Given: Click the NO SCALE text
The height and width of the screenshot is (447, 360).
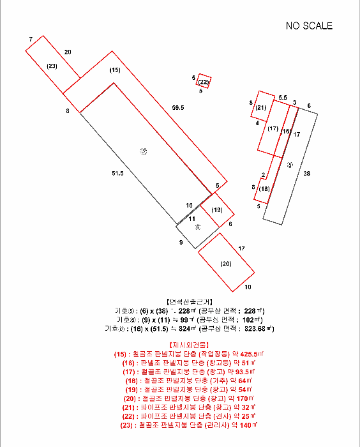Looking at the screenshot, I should pos(309,26).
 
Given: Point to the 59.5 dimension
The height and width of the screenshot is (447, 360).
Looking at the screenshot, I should pos(177,108).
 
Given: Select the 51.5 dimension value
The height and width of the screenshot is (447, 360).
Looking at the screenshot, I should pos(117,173).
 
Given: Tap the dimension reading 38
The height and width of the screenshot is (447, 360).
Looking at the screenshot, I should pos(307,174).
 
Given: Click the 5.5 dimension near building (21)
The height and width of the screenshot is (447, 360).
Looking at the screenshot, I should pos(283,96).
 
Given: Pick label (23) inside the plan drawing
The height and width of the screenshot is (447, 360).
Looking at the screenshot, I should pos(52,66).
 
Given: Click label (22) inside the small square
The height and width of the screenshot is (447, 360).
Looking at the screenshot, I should pos(204,82).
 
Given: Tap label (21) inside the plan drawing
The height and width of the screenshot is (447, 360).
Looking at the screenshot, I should pos(260,108).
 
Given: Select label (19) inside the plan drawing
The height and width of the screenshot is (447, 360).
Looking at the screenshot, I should pos(217,209).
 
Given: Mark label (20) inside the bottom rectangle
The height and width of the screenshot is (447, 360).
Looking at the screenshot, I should pos(226,263).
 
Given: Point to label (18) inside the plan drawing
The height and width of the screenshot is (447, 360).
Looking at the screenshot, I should pos(264,189).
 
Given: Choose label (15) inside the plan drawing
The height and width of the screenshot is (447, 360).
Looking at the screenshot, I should pos(114,70).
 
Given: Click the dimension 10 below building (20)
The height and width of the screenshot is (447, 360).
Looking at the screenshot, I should pos(248,287).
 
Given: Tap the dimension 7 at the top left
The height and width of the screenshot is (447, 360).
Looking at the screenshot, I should pos(30,40).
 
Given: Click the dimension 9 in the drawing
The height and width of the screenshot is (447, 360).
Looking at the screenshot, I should pos(181,243).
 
